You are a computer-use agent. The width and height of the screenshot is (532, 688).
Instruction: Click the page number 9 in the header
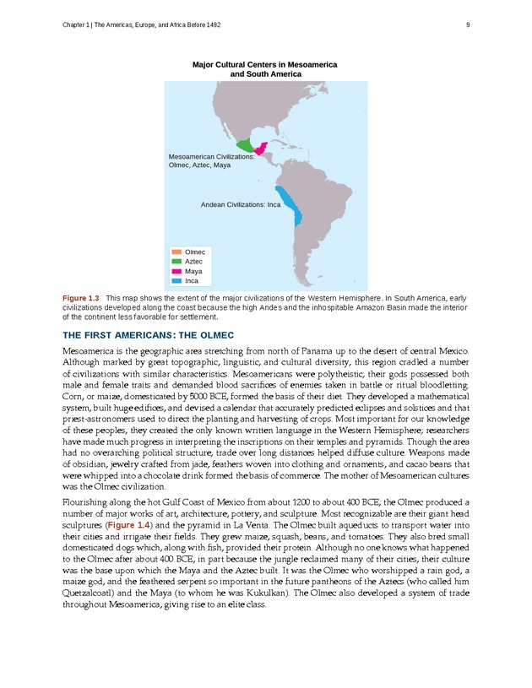click(467, 24)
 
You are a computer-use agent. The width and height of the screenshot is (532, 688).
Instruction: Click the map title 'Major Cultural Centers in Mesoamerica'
click(265, 64)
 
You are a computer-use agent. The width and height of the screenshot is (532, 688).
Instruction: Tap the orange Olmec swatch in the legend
click(176, 252)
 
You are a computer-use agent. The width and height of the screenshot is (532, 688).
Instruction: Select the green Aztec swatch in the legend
click(176, 262)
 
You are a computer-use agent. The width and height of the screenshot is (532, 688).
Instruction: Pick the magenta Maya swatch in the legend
click(176, 271)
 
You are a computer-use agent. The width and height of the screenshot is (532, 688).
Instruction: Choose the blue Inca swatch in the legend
click(176, 280)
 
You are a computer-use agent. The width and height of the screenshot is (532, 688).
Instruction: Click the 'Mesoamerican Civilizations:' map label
click(212, 157)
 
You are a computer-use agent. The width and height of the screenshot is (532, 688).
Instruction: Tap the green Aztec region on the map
click(245, 146)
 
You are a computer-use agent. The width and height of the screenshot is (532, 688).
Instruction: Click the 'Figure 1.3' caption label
click(81, 299)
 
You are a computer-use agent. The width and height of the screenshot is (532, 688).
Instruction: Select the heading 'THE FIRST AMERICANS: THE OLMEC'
click(148, 335)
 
